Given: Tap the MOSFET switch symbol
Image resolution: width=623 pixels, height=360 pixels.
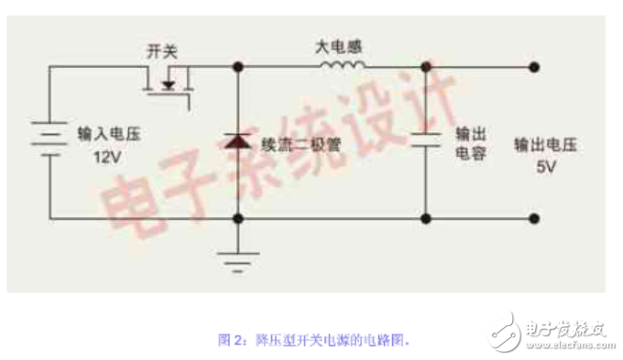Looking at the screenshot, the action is point(169,85).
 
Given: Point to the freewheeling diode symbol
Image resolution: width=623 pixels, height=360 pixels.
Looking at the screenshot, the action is point(238,141).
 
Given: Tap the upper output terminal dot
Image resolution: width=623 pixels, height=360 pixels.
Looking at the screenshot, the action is point(534,66).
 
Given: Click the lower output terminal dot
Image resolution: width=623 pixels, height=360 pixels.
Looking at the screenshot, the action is point(534,218).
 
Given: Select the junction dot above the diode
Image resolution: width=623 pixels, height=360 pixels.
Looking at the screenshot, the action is point(238,66).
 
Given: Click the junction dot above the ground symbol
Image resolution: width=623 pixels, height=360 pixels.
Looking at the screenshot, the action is point(238,218).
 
